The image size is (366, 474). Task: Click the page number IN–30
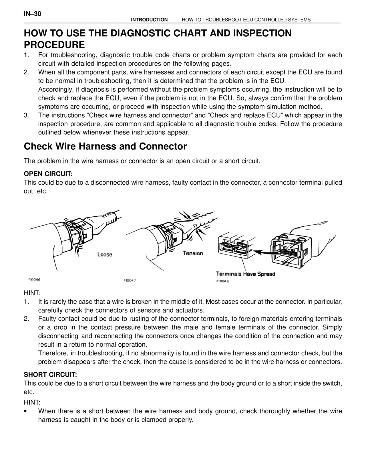(x=33, y=14)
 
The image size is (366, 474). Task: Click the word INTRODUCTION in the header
(x=149, y=20)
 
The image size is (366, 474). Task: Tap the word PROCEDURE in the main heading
(x=54, y=45)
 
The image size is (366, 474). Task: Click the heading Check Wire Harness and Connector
(x=105, y=147)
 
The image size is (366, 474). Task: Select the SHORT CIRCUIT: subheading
(x=50, y=375)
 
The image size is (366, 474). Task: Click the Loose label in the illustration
(x=105, y=254)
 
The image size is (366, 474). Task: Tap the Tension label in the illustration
(x=193, y=253)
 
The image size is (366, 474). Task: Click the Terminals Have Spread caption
(x=246, y=274)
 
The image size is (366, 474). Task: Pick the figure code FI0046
(x=34, y=280)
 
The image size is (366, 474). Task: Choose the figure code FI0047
(x=130, y=281)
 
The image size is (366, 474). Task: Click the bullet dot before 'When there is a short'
(x=26, y=412)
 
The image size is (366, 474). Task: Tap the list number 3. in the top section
(x=27, y=116)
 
